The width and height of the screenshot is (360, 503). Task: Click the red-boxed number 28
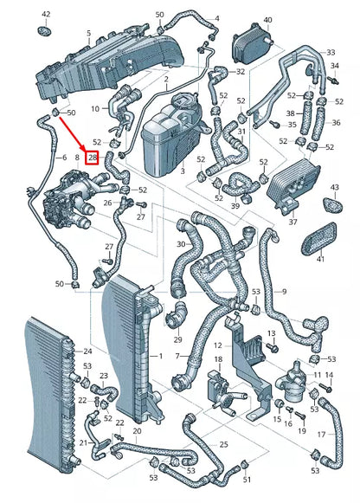tap(93, 158)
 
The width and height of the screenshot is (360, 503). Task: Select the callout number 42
tap(46, 15)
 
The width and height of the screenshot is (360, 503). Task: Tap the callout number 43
tap(335, 187)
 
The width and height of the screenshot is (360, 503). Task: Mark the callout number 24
tap(87, 351)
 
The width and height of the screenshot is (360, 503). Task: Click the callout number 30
tap(179, 244)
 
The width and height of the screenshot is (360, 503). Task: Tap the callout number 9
tap(283, 292)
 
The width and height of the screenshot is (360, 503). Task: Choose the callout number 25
tap(223, 444)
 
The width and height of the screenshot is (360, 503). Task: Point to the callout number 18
tap(218, 359)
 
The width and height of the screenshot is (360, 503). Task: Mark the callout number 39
tap(235, 207)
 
